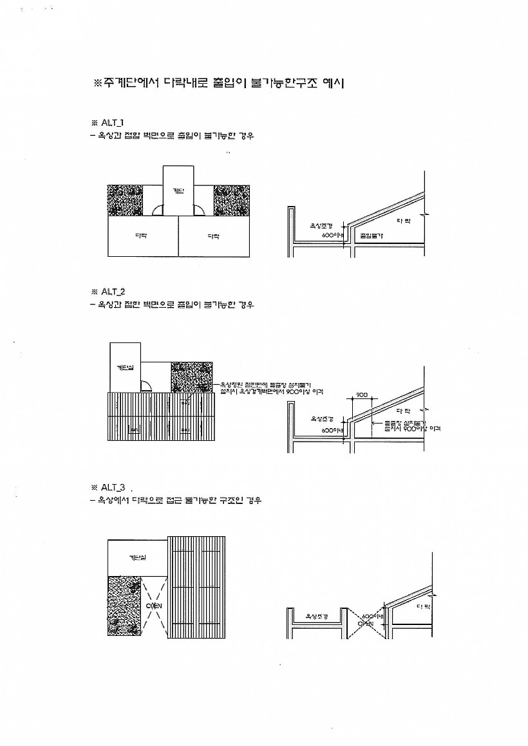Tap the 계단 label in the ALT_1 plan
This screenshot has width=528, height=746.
tap(178, 191)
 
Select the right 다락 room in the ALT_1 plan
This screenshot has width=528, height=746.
tap(214, 236)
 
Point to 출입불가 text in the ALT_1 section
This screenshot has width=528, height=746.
tap(372, 236)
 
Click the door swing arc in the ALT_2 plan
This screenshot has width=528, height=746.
tap(146, 386)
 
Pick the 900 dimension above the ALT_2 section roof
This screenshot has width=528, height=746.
tap(361, 395)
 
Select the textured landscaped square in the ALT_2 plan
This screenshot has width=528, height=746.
tap(191, 377)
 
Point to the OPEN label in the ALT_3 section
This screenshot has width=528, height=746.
tap(365, 623)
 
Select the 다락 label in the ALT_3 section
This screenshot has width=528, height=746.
tap(423, 606)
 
